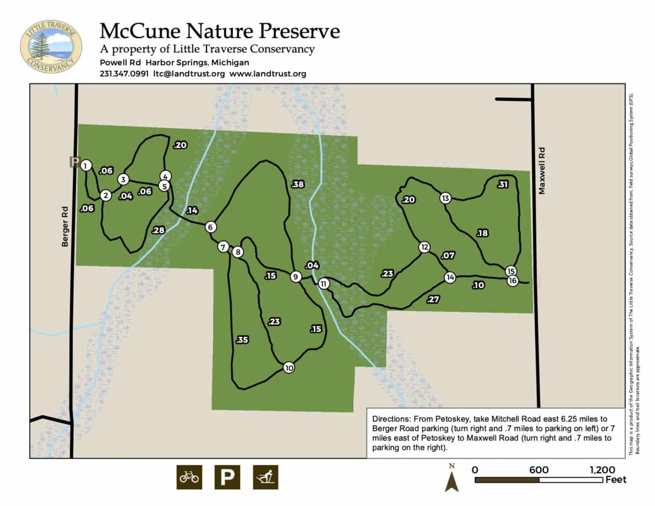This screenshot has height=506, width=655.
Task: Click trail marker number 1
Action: click(x=86, y=165)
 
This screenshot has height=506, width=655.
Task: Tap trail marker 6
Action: click(x=210, y=227)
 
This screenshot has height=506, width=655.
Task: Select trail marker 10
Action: click(x=289, y=368)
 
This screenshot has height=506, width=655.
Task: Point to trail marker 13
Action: click(x=445, y=198)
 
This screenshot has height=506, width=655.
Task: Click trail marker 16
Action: click(x=513, y=280)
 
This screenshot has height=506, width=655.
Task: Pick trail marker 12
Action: click(x=424, y=247)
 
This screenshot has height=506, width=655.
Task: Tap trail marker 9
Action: click(x=296, y=277)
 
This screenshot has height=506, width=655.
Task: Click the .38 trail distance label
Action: click(x=298, y=184)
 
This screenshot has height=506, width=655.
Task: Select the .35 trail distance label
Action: click(x=242, y=340)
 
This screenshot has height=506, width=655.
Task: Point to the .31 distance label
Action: click(x=503, y=184)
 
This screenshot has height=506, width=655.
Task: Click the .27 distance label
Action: click(x=433, y=299)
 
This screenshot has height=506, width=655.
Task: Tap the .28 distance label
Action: click(x=158, y=230)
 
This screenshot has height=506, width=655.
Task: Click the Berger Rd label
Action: click(x=65, y=226)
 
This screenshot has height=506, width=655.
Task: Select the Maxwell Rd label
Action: click(x=542, y=171)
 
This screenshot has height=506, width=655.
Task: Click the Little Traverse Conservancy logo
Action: click(x=51, y=46)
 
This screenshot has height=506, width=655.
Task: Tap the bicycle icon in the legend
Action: click(x=189, y=477)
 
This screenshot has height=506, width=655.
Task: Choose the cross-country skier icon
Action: click(x=265, y=477)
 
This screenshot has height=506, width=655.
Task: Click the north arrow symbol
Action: click(x=452, y=479)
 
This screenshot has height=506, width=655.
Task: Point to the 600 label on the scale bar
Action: click(x=539, y=470)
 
